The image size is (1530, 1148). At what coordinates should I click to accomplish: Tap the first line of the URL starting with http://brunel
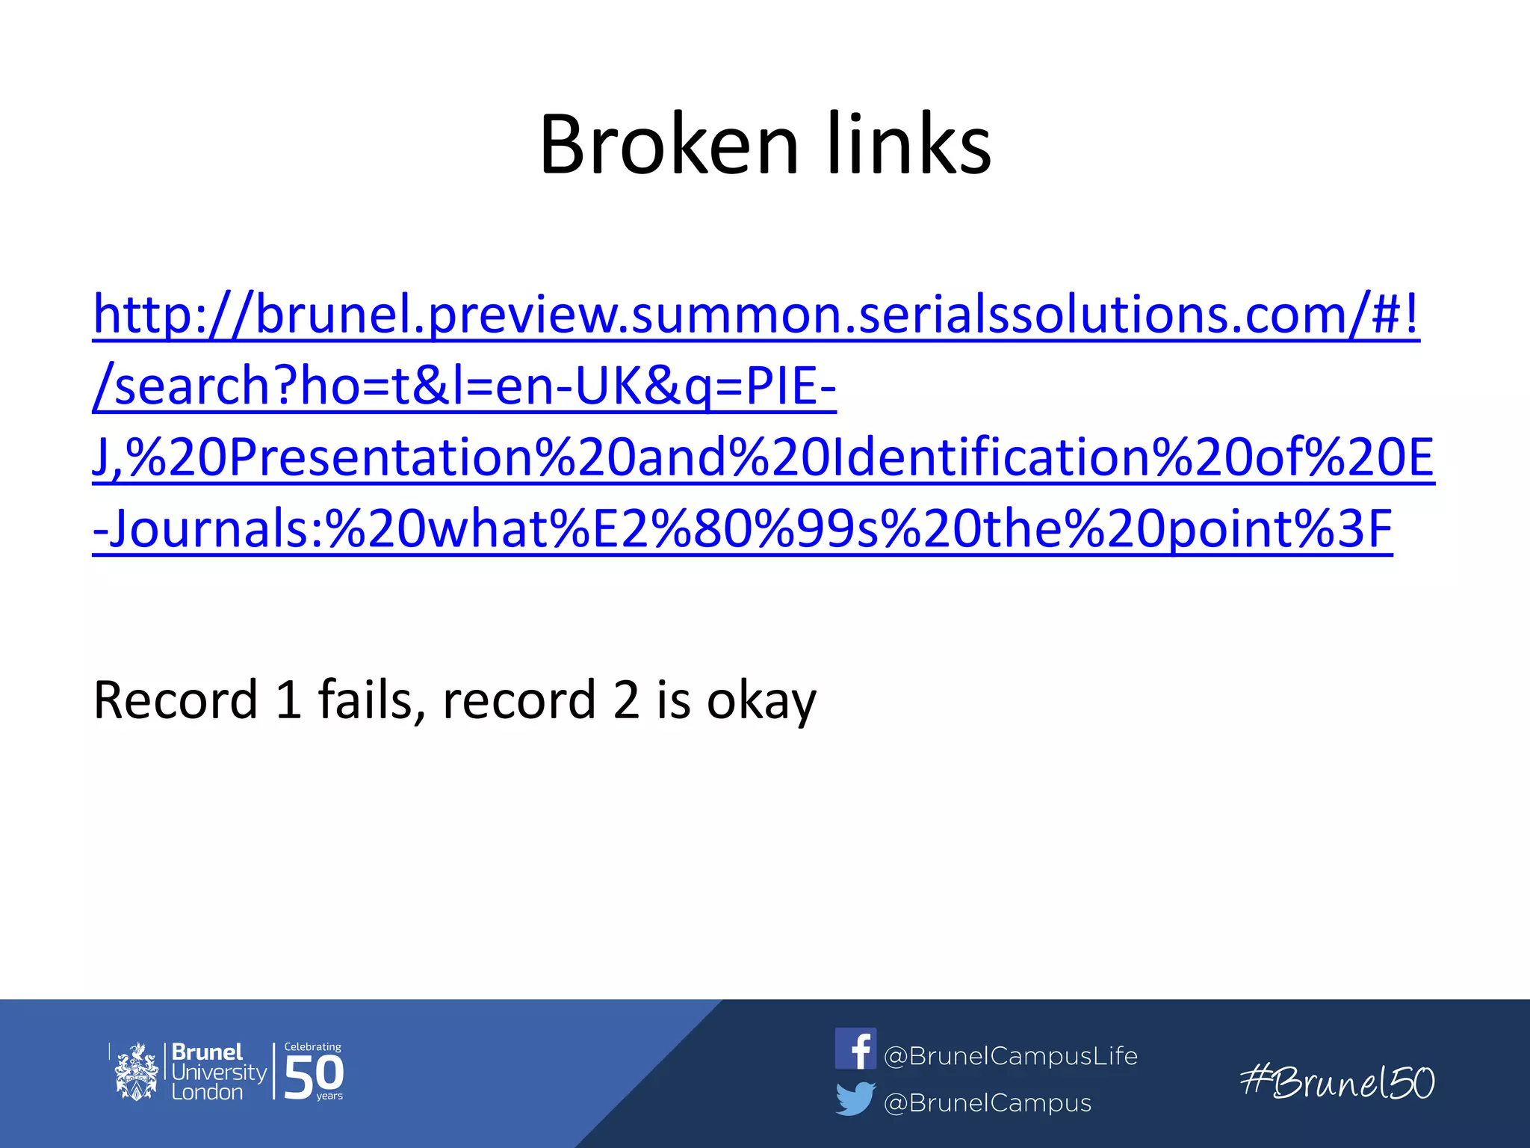pyautogui.click(x=755, y=315)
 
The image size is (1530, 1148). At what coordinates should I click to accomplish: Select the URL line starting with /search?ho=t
pyautogui.click(x=464, y=386)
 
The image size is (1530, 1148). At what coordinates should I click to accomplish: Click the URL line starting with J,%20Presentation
pyautogui.click(x=763, y=457)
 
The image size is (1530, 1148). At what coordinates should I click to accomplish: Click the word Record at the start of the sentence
pyautogui.click(x=176, y=700)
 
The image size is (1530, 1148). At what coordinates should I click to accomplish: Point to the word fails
pyautogui.click(x=365, y=700)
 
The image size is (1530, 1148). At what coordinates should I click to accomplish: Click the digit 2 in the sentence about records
pyautogui.click(x=627, y=700)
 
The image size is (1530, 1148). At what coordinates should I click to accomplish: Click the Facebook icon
pyautogui.click(x=855, y=1049)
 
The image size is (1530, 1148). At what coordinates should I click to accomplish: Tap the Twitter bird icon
pyautogui.click(x=855, y=1099)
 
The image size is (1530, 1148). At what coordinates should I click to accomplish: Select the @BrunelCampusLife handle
pyautogui.click(x=1010, y=1055)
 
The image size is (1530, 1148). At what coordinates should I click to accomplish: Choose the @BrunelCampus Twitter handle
pyautogui.click(x=987, y=1103)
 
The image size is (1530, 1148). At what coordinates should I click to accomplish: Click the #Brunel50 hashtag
pyautogui.click(x=1337, y=1082)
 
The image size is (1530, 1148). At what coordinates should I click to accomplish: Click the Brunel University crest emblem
pyautogui.click(x=136, y=1072)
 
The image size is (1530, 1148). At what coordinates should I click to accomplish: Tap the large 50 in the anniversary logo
pyautogui.click(x=314, y=1077)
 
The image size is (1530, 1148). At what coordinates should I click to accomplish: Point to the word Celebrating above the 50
pyautogui.click(x=312, y=1047)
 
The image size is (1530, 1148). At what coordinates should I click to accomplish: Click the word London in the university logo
pyautogui.click(x=207, y=1092)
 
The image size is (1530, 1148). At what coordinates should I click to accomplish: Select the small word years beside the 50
pyautogui.click(x=329, y=1096)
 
